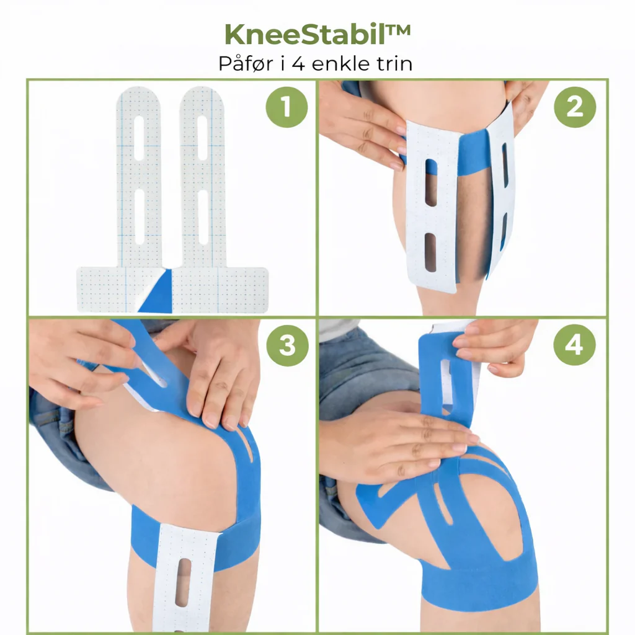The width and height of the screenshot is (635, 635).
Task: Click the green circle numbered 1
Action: coord(286,107)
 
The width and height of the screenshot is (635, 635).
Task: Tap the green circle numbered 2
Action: coord(575,107)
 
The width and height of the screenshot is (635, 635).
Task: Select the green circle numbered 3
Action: coord(288,345)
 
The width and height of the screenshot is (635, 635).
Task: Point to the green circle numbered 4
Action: coord(574,345)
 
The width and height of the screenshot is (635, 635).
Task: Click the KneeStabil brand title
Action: coord(318,35)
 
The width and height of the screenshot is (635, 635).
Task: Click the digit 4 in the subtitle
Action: coord(298,64)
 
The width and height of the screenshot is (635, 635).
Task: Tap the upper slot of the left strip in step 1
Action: coord(139,138)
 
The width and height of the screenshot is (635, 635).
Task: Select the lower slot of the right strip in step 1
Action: coord(203,217)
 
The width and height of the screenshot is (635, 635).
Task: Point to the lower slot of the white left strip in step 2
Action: coord(430,252)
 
